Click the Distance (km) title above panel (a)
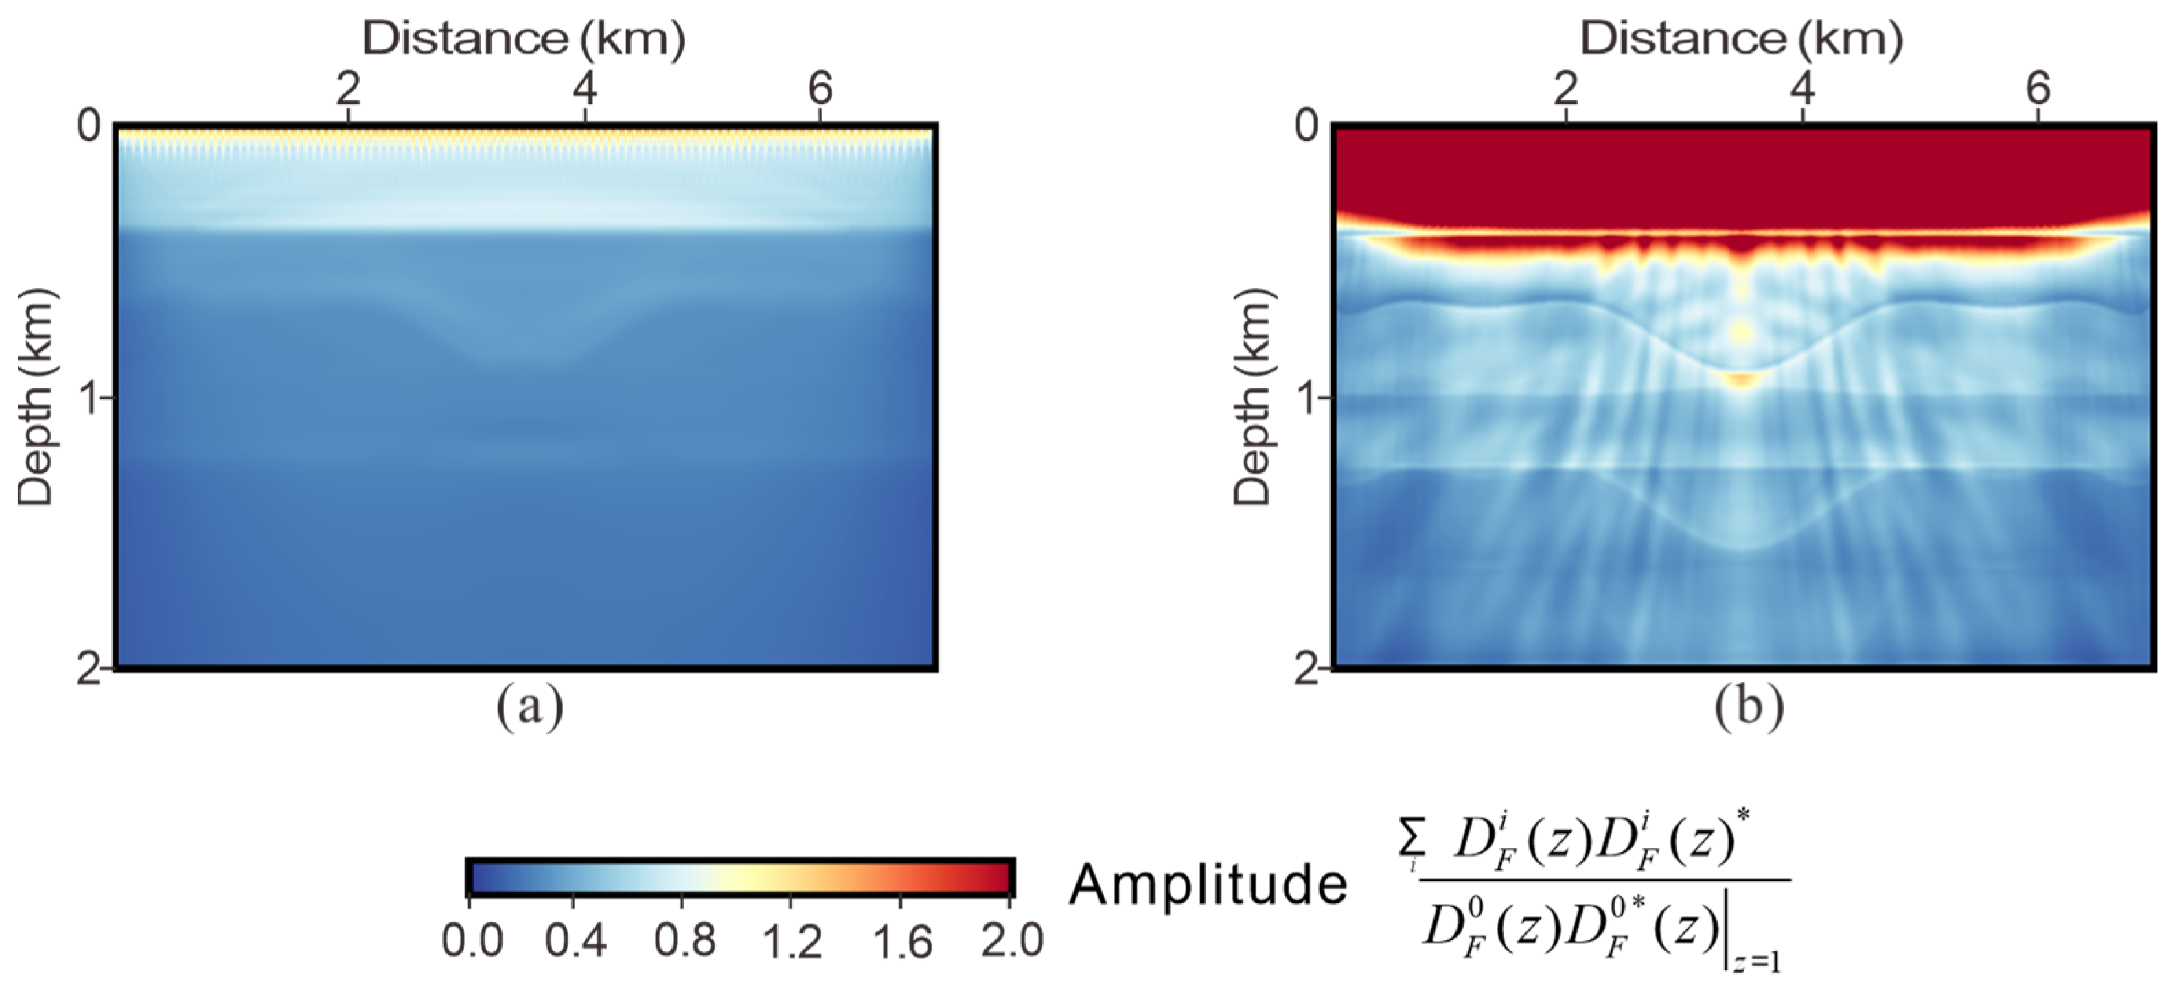[523, 39]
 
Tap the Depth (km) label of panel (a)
[36, 397]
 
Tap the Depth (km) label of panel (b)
[1252, 397]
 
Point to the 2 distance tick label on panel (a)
[347, 89]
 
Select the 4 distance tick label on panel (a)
[585, 89]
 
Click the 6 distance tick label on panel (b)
[2038, 89]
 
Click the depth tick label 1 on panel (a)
[87, 397]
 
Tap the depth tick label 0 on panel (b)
[1306, 127]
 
